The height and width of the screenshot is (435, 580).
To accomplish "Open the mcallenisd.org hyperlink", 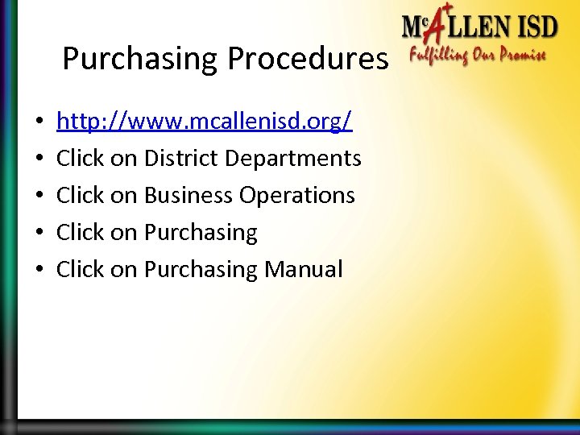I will coord(205,122).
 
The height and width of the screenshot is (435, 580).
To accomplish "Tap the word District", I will coord(184,158).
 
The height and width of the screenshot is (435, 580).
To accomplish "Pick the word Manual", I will coord(303,269).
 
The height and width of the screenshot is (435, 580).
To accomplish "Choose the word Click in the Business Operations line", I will coord(81,195).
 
